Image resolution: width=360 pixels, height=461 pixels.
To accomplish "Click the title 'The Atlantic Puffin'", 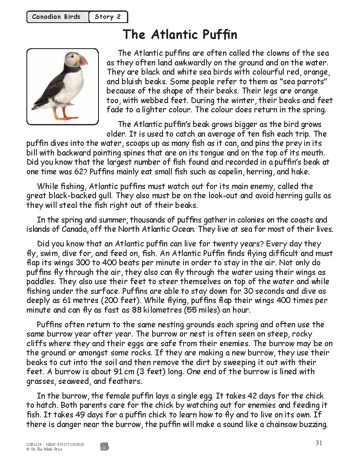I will point(180,34).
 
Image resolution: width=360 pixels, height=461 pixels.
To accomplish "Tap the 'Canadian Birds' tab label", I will point(56,17).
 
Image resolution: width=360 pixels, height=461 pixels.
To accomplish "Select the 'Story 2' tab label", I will point(108,17).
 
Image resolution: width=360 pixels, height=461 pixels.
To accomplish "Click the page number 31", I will point(319,443).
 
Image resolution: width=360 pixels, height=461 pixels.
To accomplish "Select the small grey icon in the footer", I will point(104,447).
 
